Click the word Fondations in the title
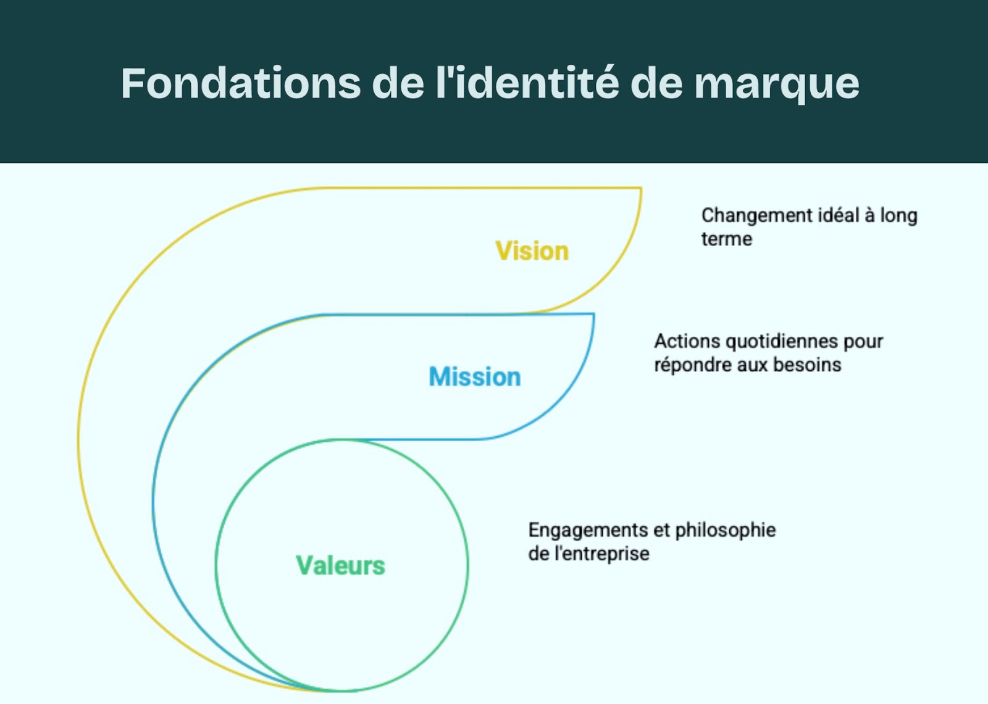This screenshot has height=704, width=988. click(241, 83)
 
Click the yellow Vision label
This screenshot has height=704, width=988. click(532, 251)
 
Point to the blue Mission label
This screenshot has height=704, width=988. click(474, 377)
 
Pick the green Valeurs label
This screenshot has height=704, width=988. click(340, 566)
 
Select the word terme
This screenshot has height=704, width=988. click(726, 239)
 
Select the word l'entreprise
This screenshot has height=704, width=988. click(601, 553)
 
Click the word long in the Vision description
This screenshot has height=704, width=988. click(898, 216)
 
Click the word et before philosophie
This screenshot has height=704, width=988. click(661, 530)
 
